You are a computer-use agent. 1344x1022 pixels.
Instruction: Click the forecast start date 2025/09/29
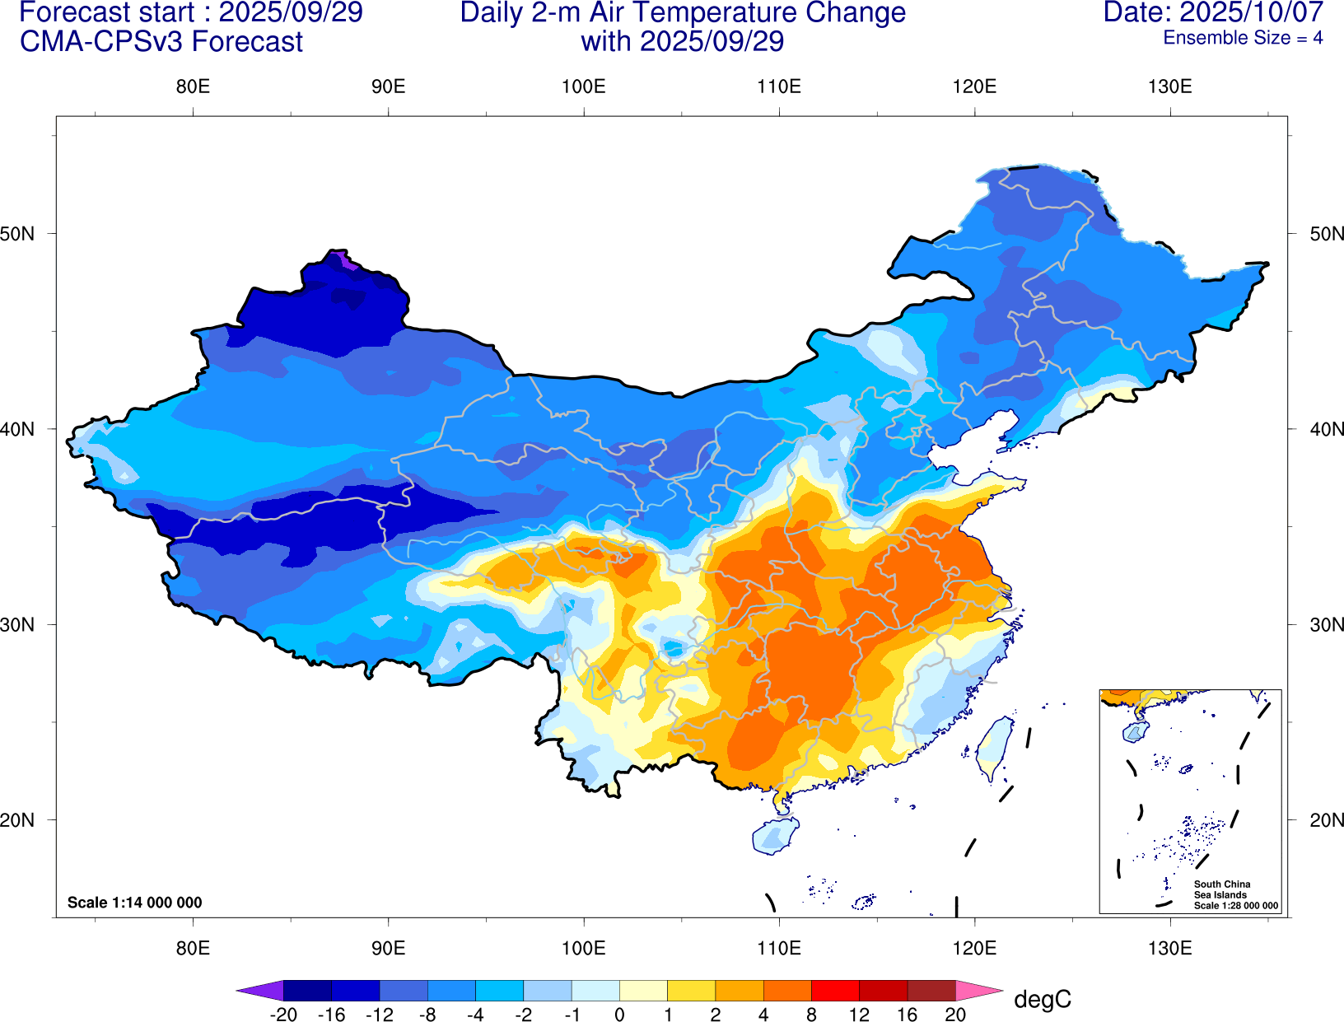tap(290, 13)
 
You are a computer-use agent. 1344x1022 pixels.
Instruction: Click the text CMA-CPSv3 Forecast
tap(161, 42)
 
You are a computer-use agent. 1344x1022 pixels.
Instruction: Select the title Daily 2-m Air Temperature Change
tap(683, 13)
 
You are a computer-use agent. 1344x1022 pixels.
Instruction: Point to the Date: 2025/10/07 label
tap(1213, 13)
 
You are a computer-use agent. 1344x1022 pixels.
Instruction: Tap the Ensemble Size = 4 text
tap(1243, 38)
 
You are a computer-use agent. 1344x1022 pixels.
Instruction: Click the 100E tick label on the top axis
tap(584, 87)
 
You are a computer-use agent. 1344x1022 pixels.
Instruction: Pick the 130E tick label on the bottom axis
tap(1169, 948)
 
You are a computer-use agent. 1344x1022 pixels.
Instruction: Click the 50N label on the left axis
tap(18, 234)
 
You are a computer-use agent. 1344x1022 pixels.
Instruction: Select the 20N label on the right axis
tap(1326, 820)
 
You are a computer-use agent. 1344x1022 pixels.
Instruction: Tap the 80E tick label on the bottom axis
tap(193, 948)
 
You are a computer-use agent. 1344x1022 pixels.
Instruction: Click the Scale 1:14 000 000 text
tap(135, 903)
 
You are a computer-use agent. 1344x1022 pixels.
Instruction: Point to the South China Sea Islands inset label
tap(1221, 889)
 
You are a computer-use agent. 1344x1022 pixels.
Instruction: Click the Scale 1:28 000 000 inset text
tap(1236, 906)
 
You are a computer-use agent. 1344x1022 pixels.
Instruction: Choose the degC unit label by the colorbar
tap(1043, 1000)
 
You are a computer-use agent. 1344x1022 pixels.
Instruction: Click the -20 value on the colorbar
tap(283, 1015)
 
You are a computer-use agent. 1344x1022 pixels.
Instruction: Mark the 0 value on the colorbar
tap(619, 1015)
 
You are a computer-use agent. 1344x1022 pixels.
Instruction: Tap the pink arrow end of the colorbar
tap(979, 991)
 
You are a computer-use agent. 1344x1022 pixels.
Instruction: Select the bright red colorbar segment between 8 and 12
tap(835, 991)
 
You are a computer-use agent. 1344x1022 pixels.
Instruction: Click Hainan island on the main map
tap(775, 836)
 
